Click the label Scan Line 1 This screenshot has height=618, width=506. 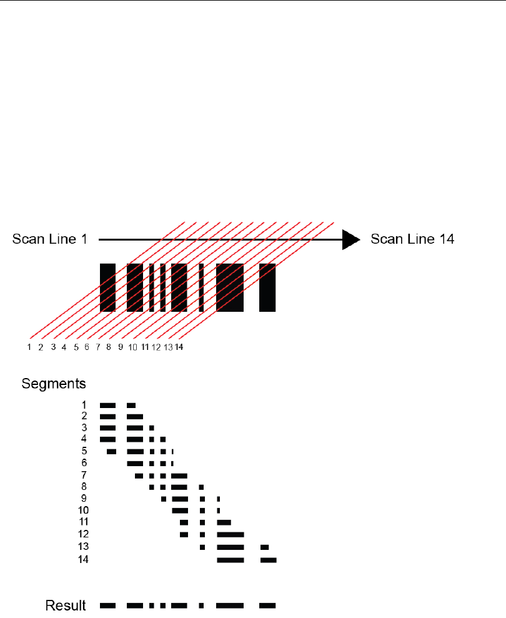pos(49,239)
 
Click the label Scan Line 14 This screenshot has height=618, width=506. pos(412,239)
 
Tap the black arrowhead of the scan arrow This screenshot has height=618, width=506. pos(350,239)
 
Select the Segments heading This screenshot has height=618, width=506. pos(54,382)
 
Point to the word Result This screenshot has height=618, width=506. pos(66,606)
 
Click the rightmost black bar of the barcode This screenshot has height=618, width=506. pos(267,287)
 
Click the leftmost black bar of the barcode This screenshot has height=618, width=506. pos(107,287)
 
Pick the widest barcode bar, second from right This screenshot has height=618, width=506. pos(230,287)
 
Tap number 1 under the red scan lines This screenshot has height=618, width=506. pos(29,347)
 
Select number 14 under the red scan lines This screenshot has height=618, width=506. pos(179,347)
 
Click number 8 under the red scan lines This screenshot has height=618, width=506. pos(109,347)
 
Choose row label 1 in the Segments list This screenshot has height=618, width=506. pos(84,405)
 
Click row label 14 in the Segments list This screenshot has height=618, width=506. pos(83,559)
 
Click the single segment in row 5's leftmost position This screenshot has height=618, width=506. pos(111,451)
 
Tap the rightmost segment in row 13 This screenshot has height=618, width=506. pos(265,547)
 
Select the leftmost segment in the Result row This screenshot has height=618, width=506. pos(108,606)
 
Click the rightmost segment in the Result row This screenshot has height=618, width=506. pos(267,606)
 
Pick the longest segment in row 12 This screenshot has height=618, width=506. pos(230,535)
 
